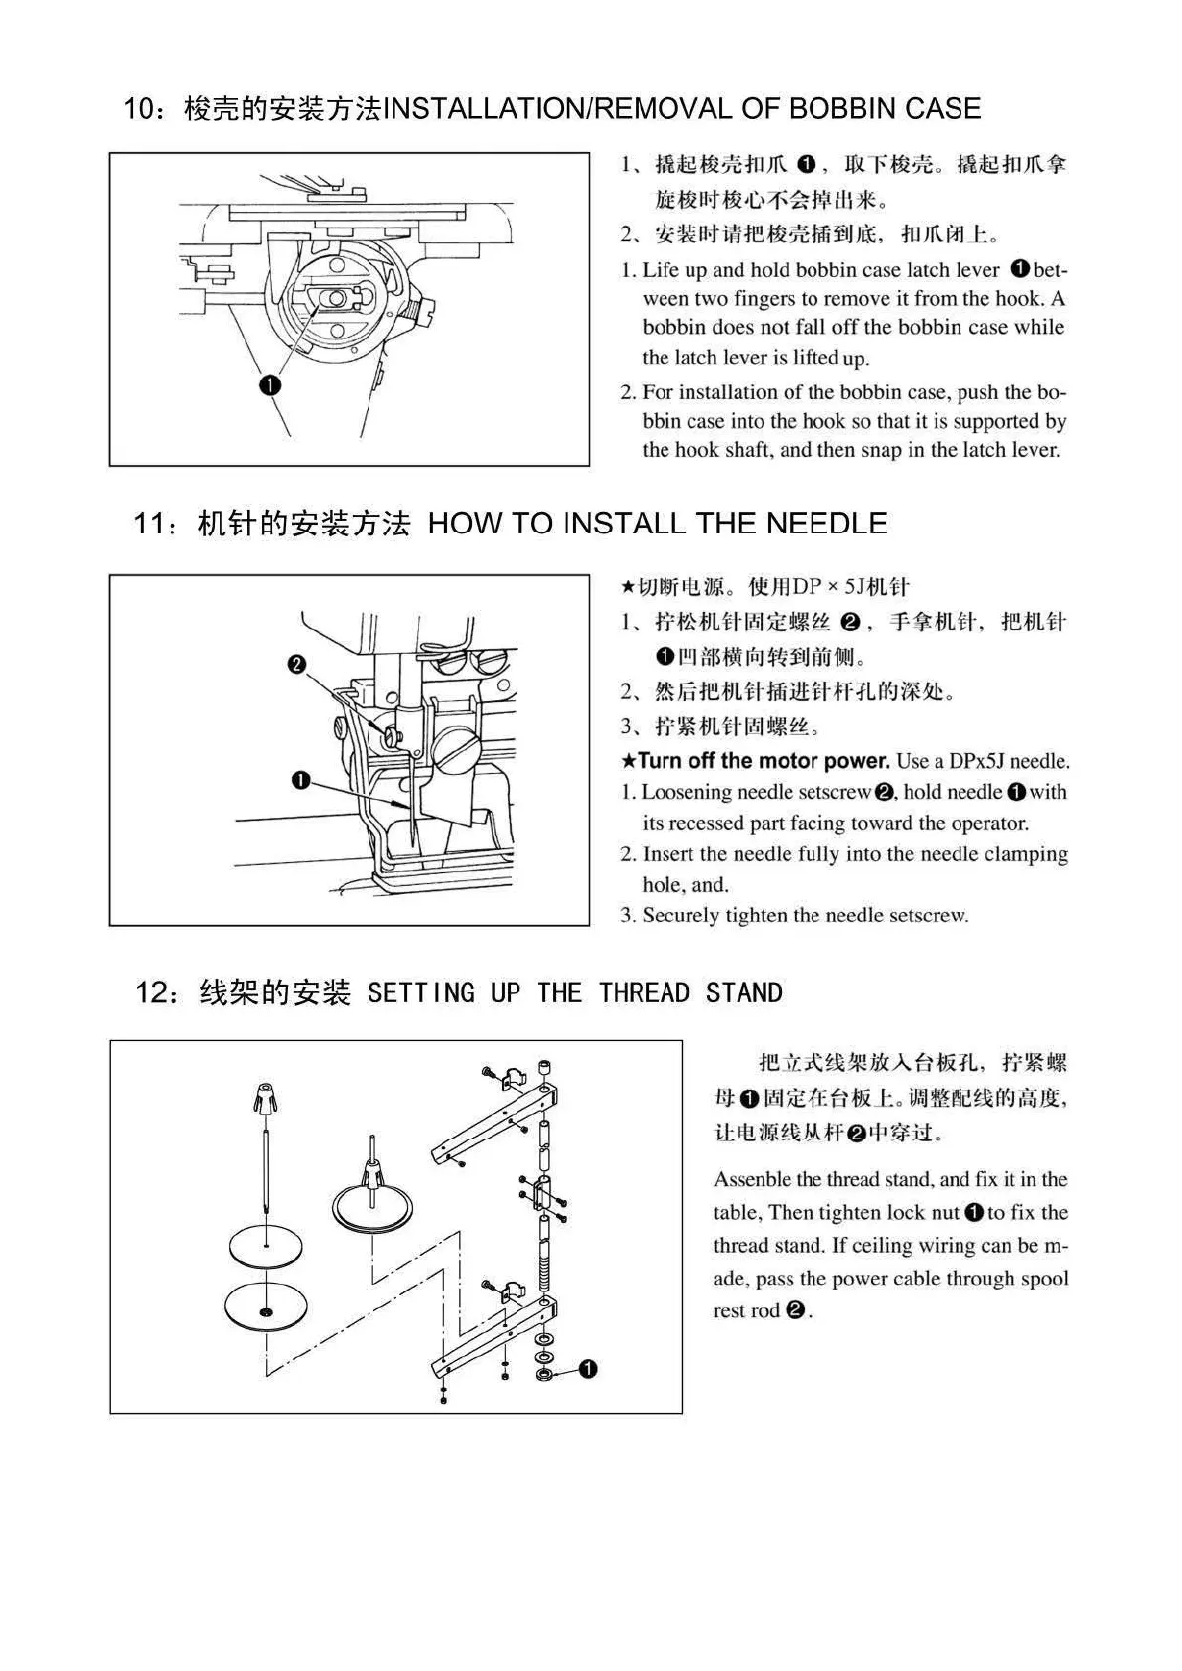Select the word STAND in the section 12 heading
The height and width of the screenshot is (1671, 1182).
click(x=744, y=992)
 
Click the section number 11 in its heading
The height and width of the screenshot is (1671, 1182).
click(x=153, y=524)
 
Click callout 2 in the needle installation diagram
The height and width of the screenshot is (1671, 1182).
click(x=296, y=664)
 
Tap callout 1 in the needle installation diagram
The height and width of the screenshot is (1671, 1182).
click(x=302, y=780)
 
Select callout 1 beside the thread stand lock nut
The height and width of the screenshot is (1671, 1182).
click(x=586, y=1370)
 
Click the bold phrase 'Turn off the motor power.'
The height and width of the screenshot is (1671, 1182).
click(x=763, y=761)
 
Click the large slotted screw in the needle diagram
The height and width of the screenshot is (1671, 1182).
click(x=457, y=749)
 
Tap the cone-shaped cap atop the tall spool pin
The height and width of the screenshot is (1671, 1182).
click(x=266, y=1097)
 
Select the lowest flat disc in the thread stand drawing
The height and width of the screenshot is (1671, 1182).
click(x=265, y=1304)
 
